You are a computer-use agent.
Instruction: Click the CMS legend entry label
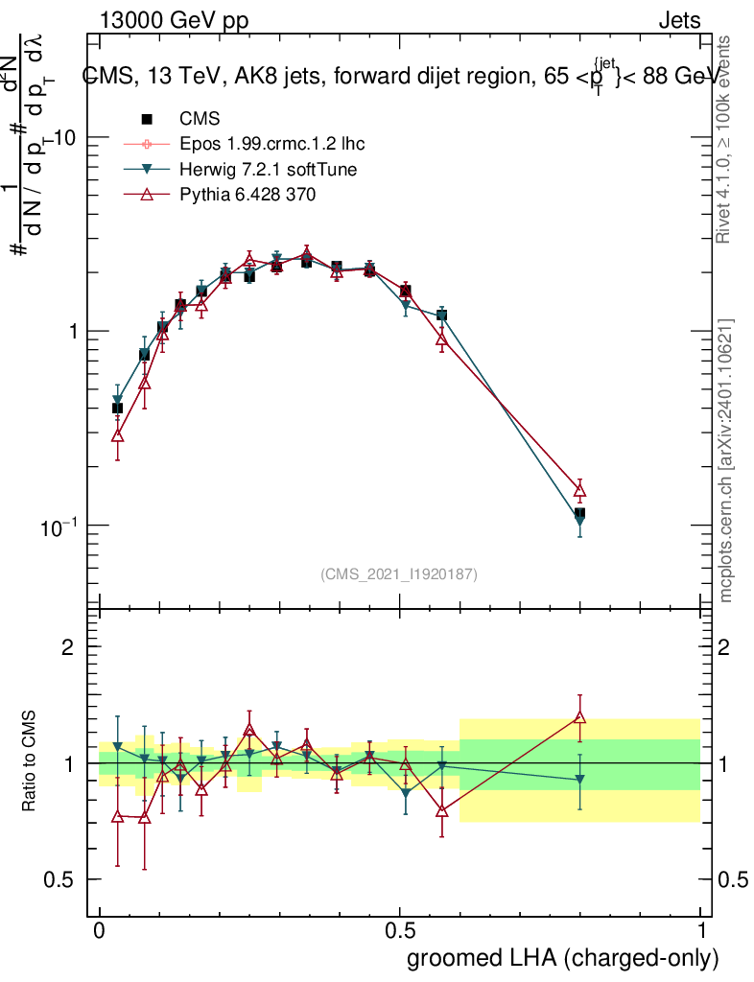click(200, 120)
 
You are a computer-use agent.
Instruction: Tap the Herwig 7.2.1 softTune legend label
click(263, 170)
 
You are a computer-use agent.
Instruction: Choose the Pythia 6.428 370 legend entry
click(247, 195)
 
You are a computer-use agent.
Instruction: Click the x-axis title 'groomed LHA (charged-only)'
click(563, 958)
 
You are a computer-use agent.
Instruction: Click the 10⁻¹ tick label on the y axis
click(59, 526)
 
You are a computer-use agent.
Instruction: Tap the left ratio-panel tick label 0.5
click(60, 879)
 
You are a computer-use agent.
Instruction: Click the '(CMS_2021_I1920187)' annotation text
click(399, 574)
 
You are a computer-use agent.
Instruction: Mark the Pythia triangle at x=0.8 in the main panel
click(579, 491)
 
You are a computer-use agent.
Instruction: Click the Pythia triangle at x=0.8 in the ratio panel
click(579, 716)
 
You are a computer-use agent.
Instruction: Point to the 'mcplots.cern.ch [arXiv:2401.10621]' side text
click(726, 460)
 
